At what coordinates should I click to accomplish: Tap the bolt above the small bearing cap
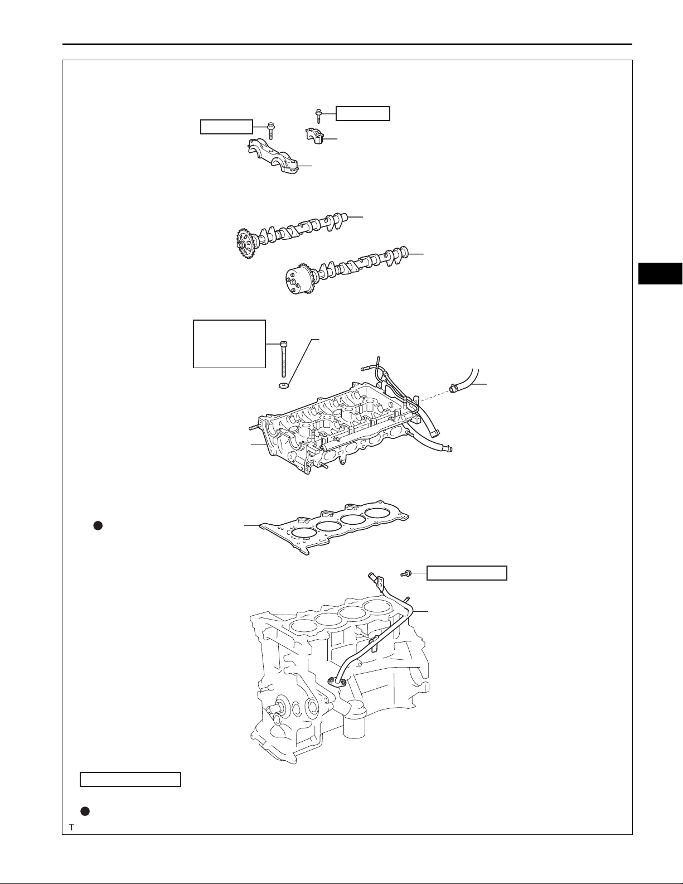[x=318, y=115]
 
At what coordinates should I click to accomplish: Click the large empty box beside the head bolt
[x=229, y=344]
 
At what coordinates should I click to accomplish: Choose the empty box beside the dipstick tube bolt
[x=467, y=573]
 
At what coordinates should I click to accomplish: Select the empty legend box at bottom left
[x=130, y=779]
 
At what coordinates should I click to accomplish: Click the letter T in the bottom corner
[x=71, y=828]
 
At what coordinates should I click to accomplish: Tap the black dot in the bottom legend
[x=85, y=811]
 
